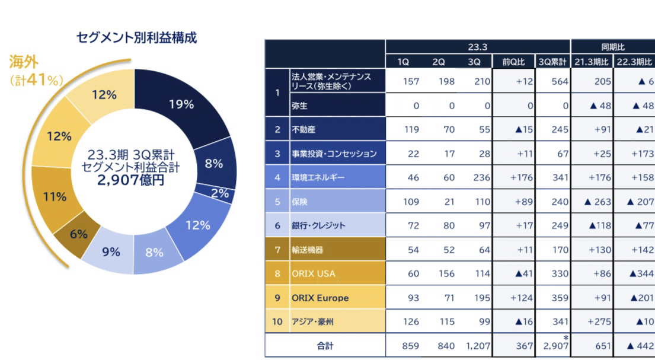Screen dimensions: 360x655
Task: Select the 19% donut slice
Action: (x=181, y=104)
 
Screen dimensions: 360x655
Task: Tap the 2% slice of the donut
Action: (x=219, y=193)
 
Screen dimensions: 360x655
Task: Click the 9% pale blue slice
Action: (x=110, y=252)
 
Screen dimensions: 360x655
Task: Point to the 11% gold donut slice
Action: (x=55, y=196)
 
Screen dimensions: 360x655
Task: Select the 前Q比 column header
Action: (x=513, y=62)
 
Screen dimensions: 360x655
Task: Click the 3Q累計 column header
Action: (x=552, y=62)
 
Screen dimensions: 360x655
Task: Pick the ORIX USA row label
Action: (x=314, y=273)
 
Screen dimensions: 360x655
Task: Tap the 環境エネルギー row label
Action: (x=318, y=177)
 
